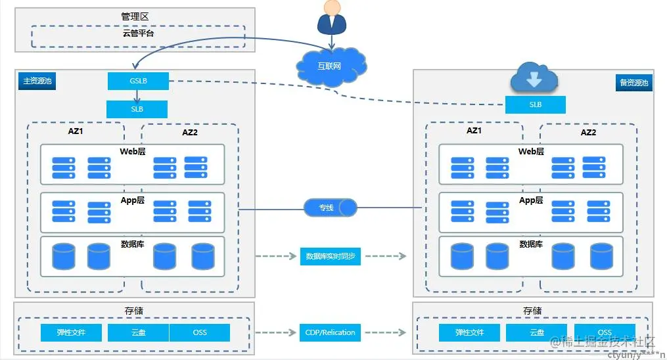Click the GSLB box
138,81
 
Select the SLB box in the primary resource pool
137,109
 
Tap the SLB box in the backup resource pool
535,105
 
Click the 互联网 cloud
330,66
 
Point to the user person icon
331,18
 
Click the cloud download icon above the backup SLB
534,79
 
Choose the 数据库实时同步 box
331,256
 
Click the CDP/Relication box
331,332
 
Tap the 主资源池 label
37,81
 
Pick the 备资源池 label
633,83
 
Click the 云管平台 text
138,33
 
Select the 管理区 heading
135,16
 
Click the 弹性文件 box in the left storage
71,332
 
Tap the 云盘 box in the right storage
537,332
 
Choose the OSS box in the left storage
200,332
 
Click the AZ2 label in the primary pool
190,133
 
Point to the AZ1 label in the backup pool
474,131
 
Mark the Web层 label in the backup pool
531,152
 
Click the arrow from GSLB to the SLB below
137,95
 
